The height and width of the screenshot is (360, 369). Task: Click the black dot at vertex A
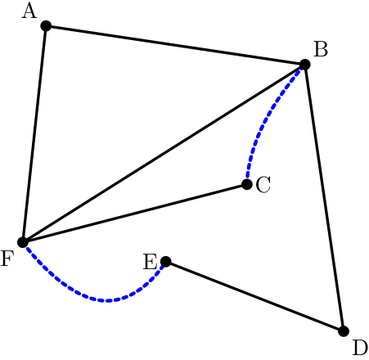(x=46, y=26)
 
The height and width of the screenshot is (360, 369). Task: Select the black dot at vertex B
(x=305, y=65)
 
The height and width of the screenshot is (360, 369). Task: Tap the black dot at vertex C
(x=247, y=184)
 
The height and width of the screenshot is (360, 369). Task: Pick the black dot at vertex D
(x=344, y=331)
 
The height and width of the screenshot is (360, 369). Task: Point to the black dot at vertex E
(x=166, y=262)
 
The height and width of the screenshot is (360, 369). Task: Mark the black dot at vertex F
(x=23, y=242)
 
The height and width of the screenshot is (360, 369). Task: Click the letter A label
(x=29, y=11)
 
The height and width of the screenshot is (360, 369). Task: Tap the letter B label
(x=321, y=49)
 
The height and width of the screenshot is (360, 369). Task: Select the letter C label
(x=263, y=185)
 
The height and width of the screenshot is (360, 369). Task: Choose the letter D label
(x=360, y=348)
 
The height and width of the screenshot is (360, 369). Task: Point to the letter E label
(x=151, y=262)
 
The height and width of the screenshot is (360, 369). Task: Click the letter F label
(x=7, y=259)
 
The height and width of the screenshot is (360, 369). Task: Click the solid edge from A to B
(x=175, y=45)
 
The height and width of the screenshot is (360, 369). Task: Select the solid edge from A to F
(x=34, y=134)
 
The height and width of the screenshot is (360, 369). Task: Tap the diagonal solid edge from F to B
(x=164, y=153)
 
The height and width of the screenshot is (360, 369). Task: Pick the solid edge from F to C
(x=135, y=214)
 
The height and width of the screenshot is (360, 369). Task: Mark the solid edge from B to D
(x=324, y=198)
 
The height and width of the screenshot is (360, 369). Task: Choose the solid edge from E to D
(x=254, y=296)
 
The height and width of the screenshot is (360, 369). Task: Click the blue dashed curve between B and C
(x=263, y=120)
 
